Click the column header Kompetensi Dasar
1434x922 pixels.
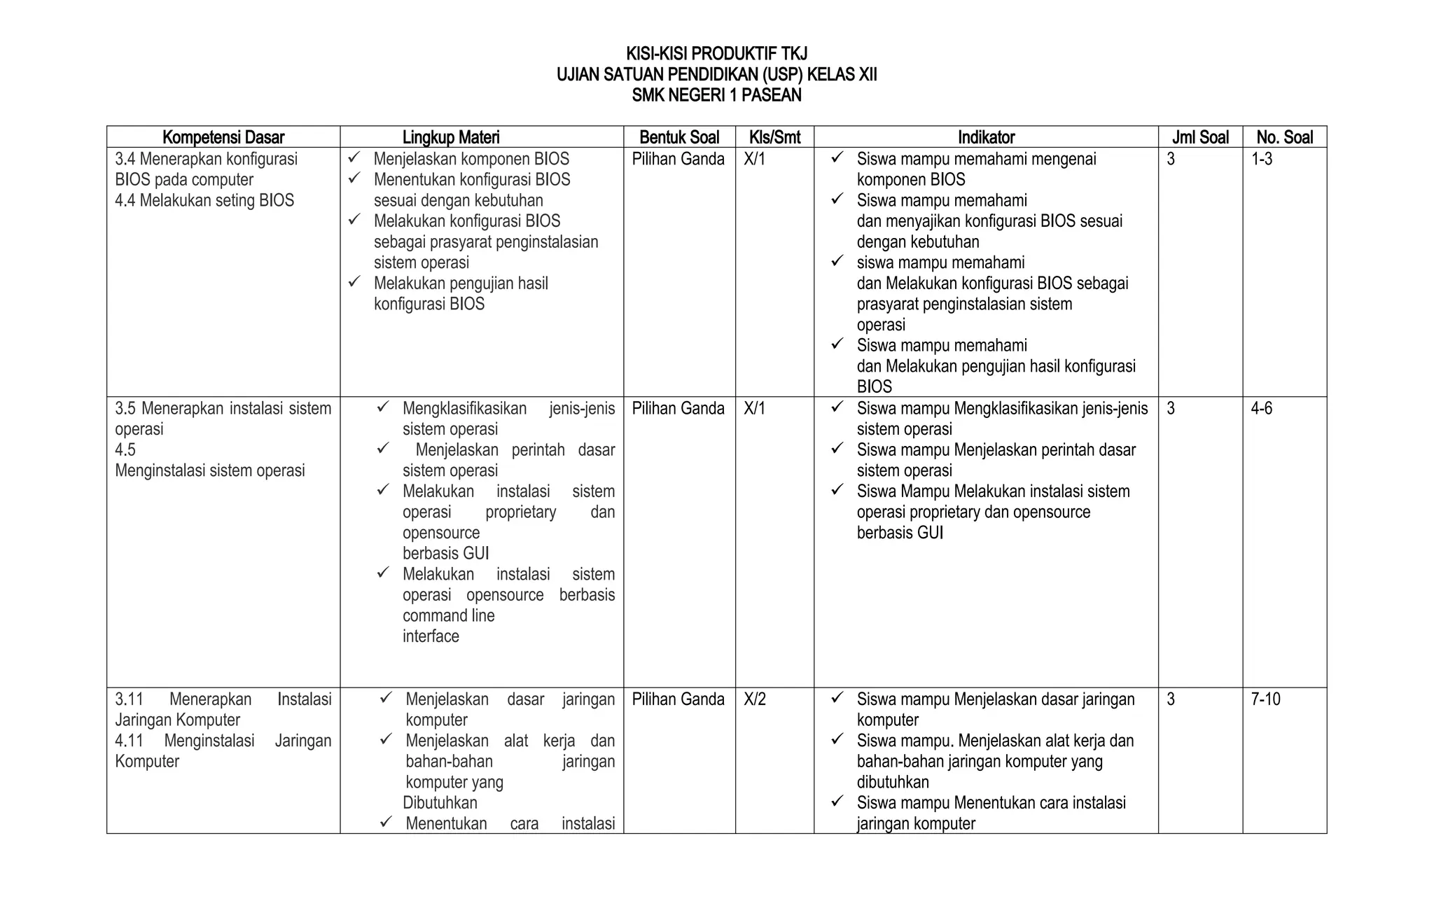(x=223, y=137)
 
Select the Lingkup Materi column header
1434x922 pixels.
(x=451, y=137)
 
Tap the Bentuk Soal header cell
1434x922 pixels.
(x=678, y=137)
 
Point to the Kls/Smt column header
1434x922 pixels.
(x=774, y=137)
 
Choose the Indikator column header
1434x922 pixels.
(x=986, y=137)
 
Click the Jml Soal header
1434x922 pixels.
(x=1200, y=137)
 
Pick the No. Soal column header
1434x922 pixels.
(x=1284, y=137)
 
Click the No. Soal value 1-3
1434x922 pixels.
(x=1262, y=160)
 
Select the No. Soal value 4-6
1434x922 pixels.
(x=1262, y=409)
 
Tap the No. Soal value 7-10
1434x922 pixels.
(x=1265, y=699)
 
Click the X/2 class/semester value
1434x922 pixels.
(x=755, y=699)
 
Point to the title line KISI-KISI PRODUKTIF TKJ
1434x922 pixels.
(x=716, y=54)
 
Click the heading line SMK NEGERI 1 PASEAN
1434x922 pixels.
(x=716, y=95)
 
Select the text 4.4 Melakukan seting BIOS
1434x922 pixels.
(x=204, y=201)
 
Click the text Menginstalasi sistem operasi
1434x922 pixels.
(x=210, y=470)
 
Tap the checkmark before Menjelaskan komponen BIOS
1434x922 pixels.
(x=354, y=159)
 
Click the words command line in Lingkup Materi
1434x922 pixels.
(x=448, y=616)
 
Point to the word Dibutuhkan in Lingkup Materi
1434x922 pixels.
(x=440, y=803)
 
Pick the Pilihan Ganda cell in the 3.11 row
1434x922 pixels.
(x=678, y=699)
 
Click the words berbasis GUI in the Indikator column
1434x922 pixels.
(x=900, y=533)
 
